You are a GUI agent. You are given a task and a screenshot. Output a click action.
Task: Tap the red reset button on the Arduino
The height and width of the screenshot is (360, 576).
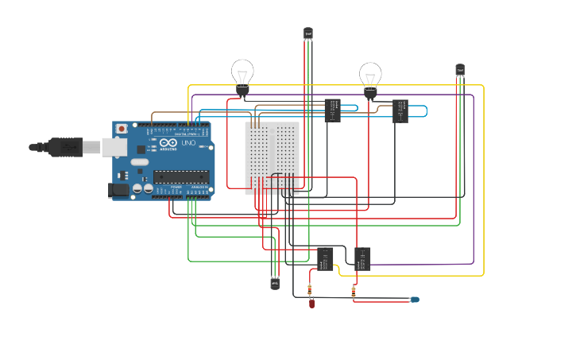click(122, 129)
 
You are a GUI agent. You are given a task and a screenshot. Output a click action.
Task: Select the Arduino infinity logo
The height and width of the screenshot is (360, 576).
click(168, 143)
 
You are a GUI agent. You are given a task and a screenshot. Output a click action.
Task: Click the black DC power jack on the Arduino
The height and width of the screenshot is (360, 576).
click(118, 189)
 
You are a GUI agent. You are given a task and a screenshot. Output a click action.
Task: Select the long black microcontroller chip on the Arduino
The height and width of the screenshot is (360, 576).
click(180, 176)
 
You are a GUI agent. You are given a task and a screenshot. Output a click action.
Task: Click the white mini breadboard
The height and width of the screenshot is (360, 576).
click(272, 158)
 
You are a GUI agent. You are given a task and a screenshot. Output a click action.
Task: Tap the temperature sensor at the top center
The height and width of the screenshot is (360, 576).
click(308, 33)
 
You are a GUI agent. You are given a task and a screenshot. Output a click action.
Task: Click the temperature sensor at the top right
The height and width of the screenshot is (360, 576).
click(460, 70)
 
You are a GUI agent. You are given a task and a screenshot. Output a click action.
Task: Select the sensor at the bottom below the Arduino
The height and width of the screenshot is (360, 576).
click(275, 283)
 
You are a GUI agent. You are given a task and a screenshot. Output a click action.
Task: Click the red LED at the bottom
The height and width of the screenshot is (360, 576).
click(312, 303)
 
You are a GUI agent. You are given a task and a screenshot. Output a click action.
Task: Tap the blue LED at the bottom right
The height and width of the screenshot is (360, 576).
click(414, 300)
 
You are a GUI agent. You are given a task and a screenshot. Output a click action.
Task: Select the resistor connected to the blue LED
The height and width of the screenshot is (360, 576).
click(354, 292)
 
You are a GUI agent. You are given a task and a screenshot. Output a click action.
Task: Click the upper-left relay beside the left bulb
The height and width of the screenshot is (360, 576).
click(333, 110)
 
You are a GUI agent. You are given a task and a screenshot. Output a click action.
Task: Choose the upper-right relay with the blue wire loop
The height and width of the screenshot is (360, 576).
click(400, 110)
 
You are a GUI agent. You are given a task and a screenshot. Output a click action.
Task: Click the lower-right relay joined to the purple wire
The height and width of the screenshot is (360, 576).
click(362, 258)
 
